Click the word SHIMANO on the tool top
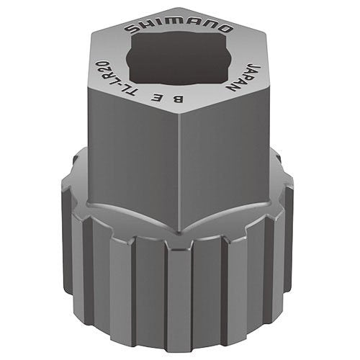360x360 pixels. (179, 27)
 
